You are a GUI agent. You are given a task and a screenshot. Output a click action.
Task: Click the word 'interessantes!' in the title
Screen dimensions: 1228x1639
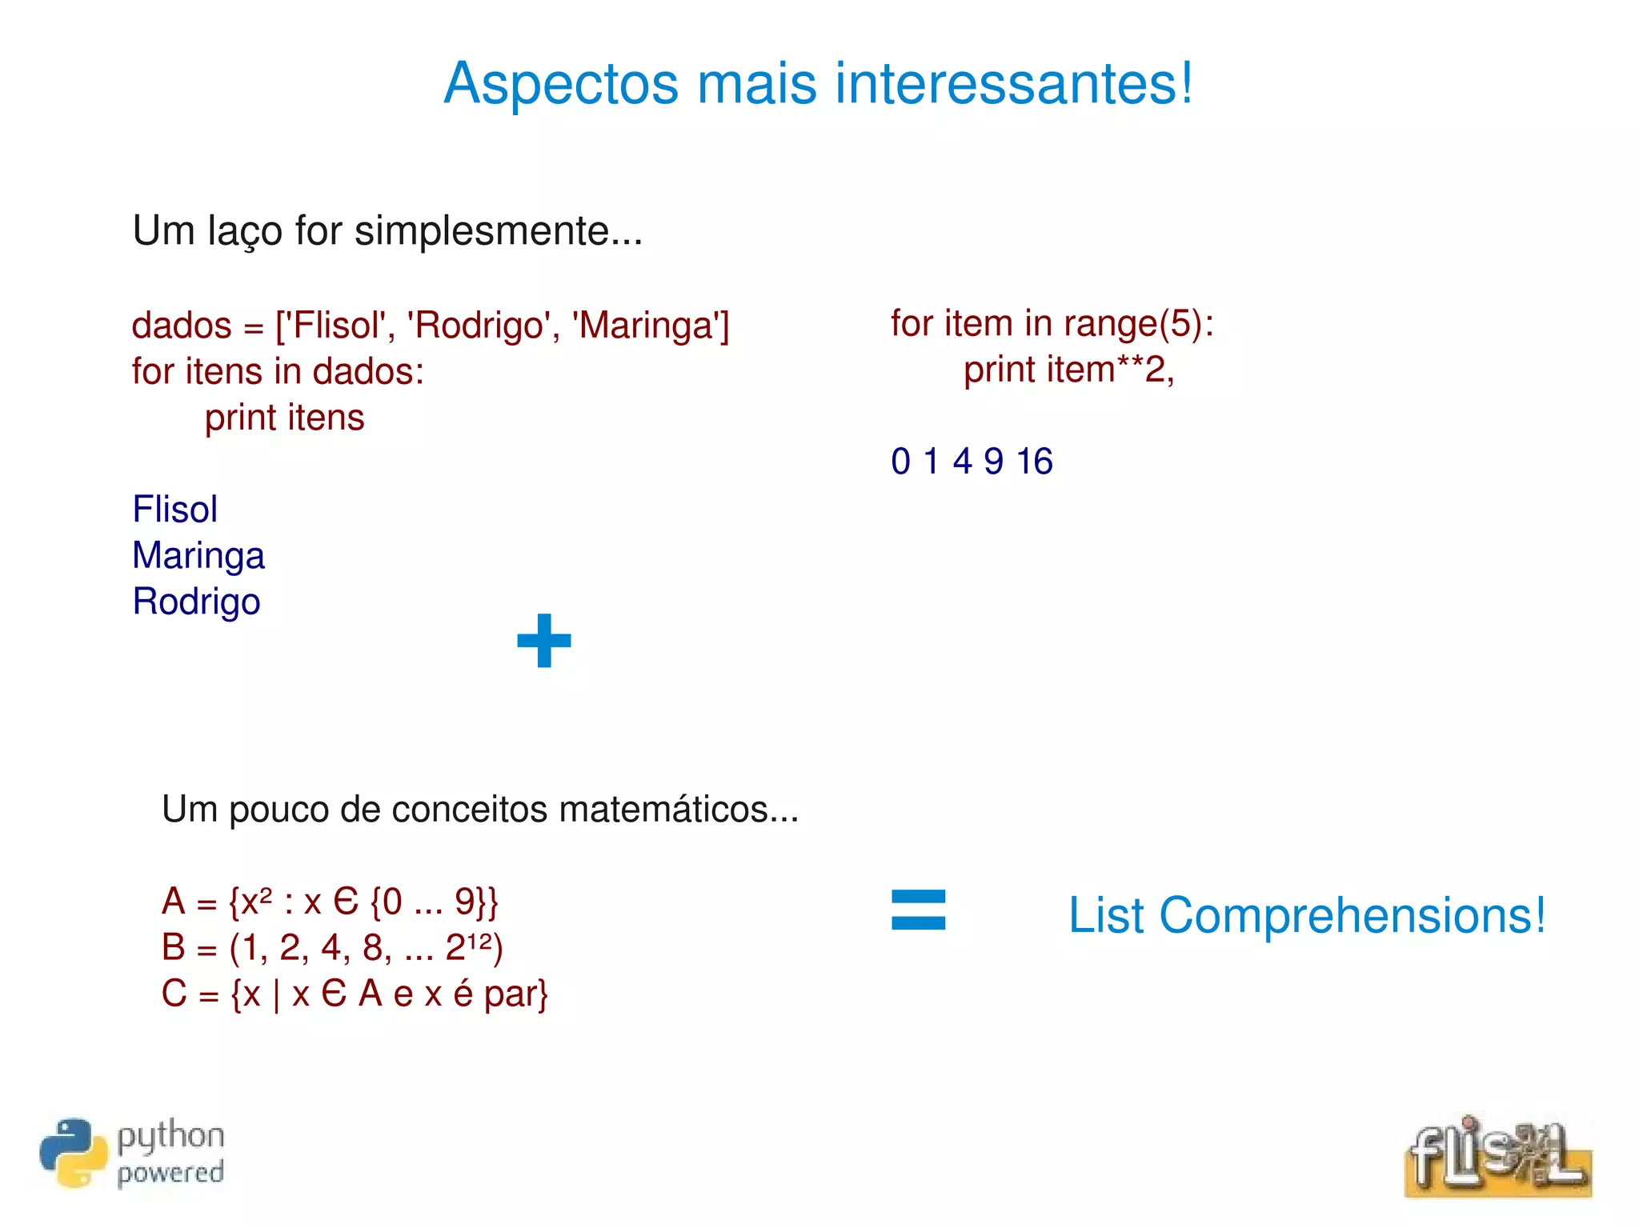[x=1013, y=83]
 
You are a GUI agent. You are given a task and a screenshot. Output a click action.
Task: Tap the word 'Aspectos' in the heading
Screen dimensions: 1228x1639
[x=561, y=85]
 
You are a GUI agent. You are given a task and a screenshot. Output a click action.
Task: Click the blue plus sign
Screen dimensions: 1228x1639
[x=544, y=640]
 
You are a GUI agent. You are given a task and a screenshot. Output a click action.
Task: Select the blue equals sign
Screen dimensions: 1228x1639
[x=918, y=910]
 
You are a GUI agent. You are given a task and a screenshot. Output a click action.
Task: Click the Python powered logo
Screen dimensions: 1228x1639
[x=132, y=1153]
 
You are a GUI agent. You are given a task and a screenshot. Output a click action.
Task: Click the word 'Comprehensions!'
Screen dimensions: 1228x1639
[x=1352, y=916]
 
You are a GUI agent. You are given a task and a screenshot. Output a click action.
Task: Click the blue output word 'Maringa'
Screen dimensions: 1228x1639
[x=198, y=556]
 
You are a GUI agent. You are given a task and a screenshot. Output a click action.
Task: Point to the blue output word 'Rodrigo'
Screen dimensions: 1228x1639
[x=196, y=602]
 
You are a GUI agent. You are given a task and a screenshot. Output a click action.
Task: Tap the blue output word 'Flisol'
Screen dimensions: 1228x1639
[x=174, y=510]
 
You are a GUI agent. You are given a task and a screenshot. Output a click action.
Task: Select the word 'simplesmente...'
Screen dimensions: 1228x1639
[x=499, y=231]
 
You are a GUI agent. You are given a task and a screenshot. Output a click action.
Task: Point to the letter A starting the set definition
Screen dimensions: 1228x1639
[x=174, y=902]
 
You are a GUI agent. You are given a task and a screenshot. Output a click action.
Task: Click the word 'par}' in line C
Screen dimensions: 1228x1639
[x=516, y=994]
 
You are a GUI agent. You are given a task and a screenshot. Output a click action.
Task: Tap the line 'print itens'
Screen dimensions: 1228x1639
[x=284, y=418]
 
